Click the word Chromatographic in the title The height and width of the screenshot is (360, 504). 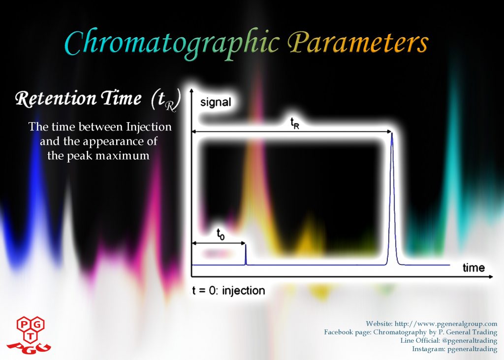pos(172,43)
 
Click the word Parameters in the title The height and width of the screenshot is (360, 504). pos(358,43)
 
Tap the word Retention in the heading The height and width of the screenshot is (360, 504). pos(56,98)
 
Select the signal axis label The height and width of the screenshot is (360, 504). pos(216,102)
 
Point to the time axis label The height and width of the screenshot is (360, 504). pos(473,268)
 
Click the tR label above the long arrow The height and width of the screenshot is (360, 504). pos(295,123)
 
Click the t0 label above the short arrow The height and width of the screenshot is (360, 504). pos(220,234)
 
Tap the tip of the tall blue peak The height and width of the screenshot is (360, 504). pos(392,133)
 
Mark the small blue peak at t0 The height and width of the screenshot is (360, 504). pos(246,255)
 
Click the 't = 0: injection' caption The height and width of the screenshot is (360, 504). pos(228,291)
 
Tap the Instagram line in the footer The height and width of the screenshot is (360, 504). pos(454,349)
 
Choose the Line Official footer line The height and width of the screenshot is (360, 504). pos(449,340)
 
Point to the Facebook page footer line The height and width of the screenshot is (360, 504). pos(410,332)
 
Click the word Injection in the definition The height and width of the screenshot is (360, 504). pos(149,127)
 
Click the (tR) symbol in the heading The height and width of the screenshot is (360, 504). pos(166,100)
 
